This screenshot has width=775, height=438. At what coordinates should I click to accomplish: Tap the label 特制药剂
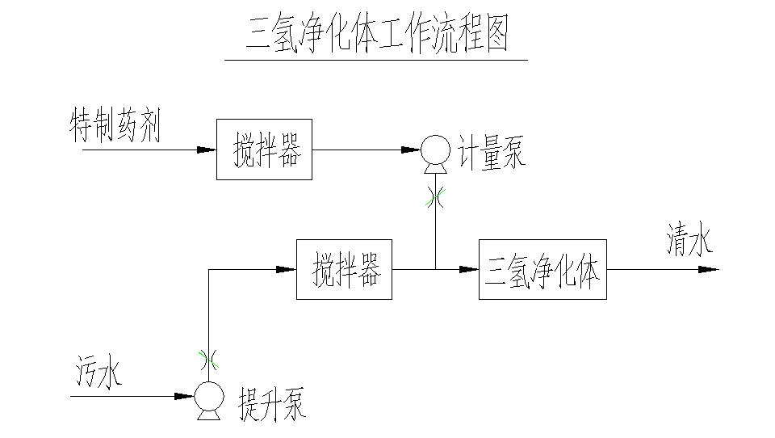[115, 128]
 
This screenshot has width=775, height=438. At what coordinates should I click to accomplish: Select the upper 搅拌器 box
[264, 150]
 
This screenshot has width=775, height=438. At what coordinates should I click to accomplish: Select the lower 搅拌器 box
[344, 269]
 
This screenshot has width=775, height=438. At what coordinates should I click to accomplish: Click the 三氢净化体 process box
[542, 269]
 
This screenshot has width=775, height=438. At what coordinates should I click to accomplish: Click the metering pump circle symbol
[435, 150]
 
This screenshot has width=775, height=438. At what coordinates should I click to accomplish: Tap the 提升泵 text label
[272, 402]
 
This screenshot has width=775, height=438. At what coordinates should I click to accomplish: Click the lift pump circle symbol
[208, 396]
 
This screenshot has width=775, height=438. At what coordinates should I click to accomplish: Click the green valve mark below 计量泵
[435, 197]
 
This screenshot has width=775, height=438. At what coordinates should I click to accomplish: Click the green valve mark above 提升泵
[208, 356]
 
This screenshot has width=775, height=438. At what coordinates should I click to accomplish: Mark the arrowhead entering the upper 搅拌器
[207, 150]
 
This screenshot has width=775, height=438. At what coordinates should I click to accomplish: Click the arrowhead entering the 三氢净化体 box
[469, 269]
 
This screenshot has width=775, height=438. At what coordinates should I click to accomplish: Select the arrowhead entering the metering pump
[410, 150]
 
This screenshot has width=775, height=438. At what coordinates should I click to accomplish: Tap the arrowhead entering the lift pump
[184, 396]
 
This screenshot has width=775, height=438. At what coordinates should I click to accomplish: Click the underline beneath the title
[375, 60]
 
